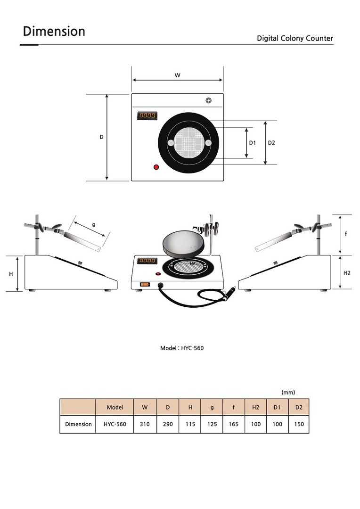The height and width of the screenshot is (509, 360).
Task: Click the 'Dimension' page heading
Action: tap(54, 32)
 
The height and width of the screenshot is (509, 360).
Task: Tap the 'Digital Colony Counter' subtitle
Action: tap(295, 38)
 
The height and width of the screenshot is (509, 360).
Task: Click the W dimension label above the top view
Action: tap(177, 75)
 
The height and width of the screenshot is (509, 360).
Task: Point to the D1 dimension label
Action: tap(252, 143)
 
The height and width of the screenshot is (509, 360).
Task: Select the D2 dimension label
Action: tap(271, 143)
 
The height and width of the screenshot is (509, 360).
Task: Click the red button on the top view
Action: tap(156, 167)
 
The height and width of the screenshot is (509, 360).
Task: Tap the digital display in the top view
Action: tap(147, 115)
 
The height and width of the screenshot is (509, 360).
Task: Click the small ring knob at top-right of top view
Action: tap(209, 100)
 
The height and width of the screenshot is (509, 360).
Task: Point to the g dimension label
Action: tap(94, 224)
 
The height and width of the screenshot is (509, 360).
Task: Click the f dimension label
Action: tap(346, 234)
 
